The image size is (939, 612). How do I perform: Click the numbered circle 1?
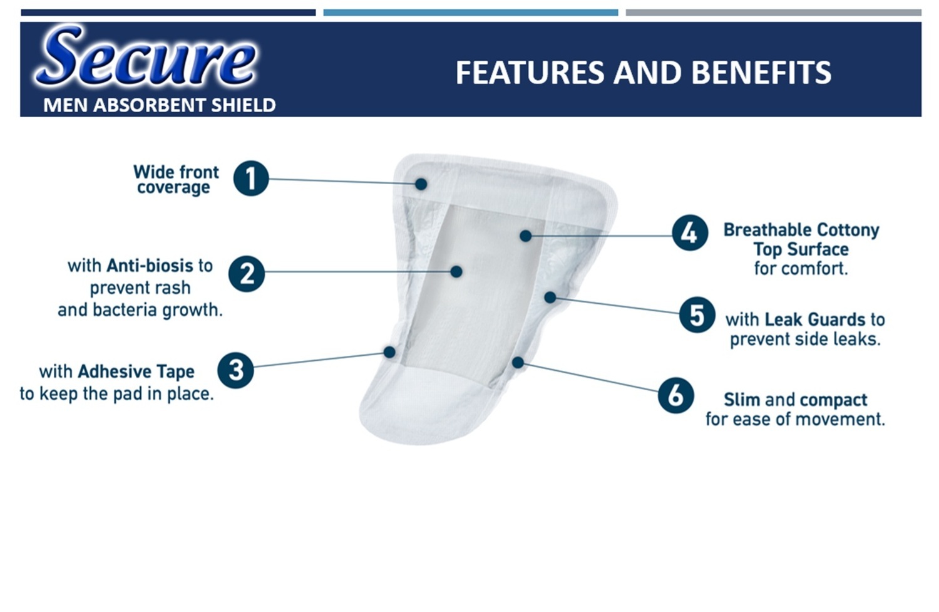coord(250,179)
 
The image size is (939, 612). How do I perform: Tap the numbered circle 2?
coord(247,274)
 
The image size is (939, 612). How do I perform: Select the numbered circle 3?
coord(235,370)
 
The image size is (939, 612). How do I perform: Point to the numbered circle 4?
coord(690,233)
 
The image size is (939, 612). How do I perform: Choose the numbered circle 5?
coord(697,314)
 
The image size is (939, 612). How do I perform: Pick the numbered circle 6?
coord(675,395)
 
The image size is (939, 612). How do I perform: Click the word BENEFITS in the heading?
coord(761,73)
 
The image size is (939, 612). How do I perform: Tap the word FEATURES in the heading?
coord(531,73)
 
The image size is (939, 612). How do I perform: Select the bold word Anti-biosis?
coord(150,266)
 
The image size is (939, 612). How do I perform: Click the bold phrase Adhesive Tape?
coord(136,371)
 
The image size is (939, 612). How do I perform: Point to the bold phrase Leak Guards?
coord(815,319)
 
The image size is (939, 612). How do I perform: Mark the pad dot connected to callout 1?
coord(421,184)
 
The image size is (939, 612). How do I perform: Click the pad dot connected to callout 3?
coord(389,351)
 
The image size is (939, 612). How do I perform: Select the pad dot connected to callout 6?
coord(518,363)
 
